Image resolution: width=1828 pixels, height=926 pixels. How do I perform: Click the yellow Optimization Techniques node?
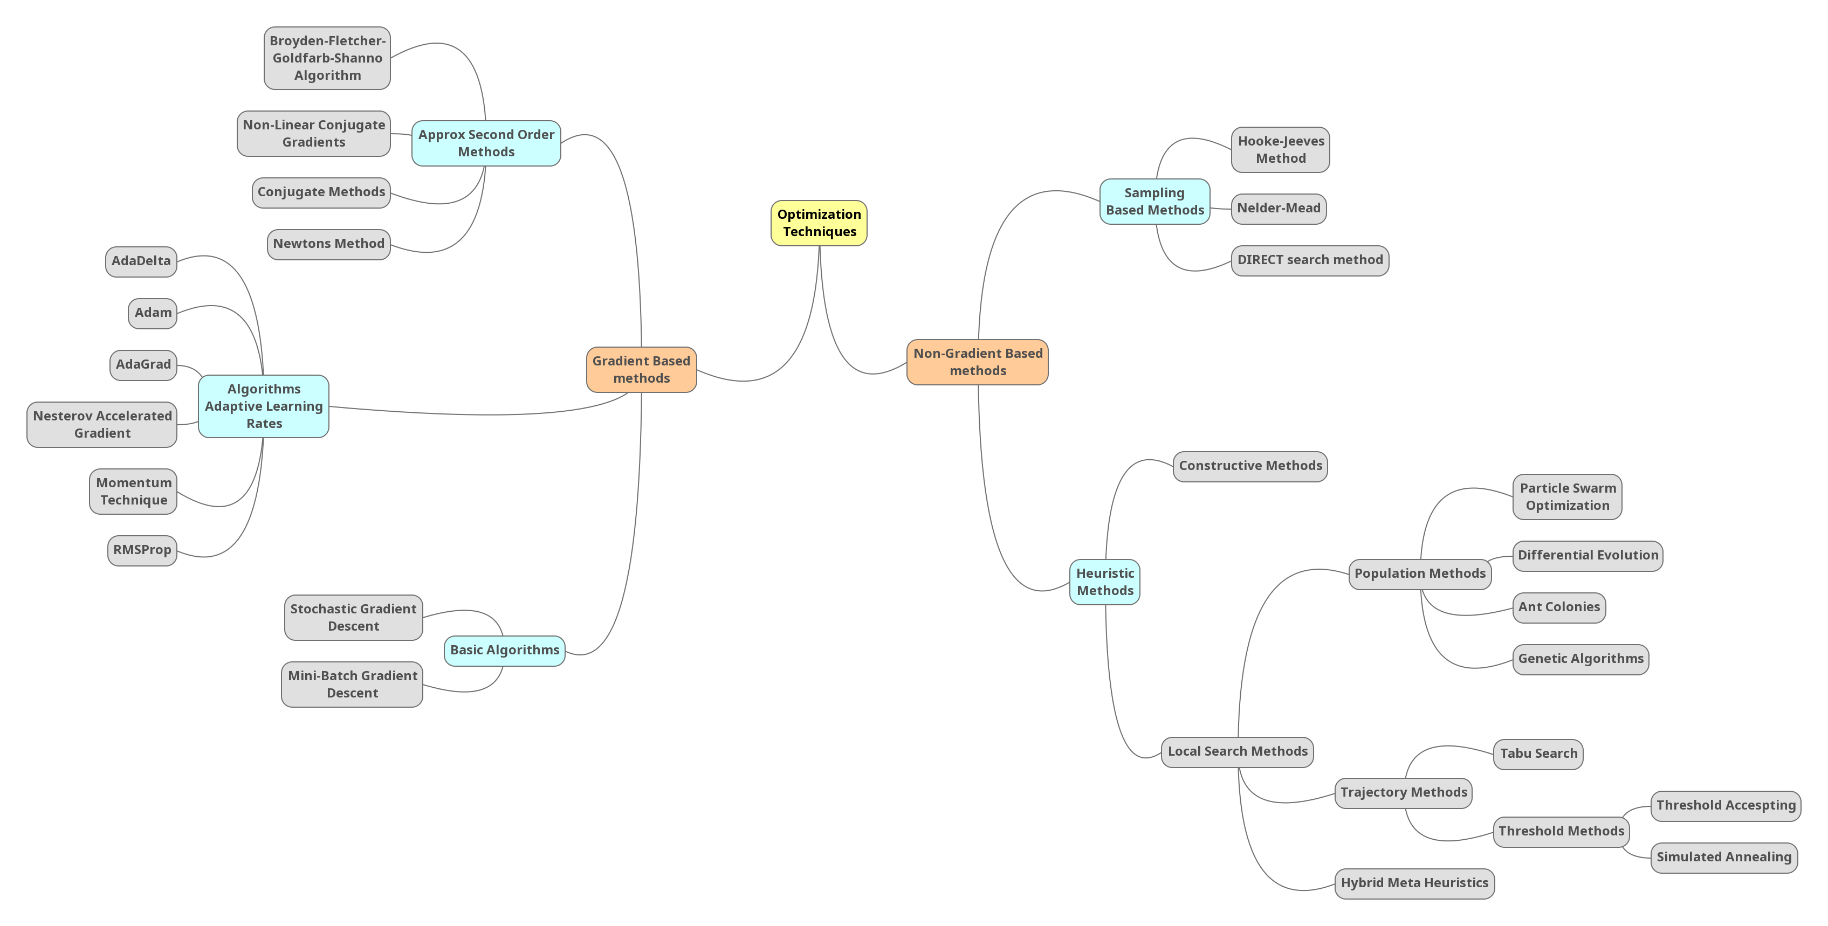819,223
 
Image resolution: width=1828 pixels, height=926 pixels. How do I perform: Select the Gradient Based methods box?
641,370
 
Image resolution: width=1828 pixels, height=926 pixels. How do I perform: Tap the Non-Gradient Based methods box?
977,362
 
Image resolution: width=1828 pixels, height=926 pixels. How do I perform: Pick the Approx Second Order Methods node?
486,143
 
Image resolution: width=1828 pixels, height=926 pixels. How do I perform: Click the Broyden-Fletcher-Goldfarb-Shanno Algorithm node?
327,58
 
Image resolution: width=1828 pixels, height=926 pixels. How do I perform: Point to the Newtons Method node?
328,244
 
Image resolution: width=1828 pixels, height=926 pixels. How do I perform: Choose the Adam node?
153,313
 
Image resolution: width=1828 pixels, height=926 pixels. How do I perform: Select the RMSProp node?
142,550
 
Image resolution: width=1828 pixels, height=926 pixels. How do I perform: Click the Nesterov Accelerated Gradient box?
102,424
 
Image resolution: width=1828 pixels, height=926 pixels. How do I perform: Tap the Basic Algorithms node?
505,650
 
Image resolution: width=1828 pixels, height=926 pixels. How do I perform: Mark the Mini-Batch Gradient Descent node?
352,684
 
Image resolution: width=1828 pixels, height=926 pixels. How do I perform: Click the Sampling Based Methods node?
1154,202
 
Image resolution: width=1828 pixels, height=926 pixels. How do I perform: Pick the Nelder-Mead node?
1278,209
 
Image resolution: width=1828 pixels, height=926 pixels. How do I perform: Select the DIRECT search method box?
1309,260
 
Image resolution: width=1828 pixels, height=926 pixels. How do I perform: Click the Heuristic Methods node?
1105,582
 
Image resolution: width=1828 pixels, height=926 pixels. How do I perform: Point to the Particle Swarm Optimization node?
1567,497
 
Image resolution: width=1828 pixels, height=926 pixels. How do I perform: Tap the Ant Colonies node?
1558,607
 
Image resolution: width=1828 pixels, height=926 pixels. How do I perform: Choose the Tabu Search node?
1538,754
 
